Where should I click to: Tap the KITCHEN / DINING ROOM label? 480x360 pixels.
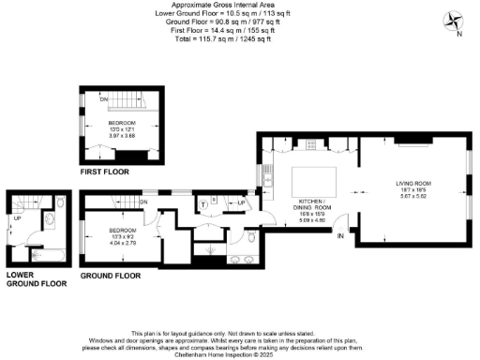click(x=310, y=205)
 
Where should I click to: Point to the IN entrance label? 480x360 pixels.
click(x=340, y=236)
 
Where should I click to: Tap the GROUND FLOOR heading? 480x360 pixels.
click(x=110, y=276)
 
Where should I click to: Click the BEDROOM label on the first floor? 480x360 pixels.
click(x=122, y=122)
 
